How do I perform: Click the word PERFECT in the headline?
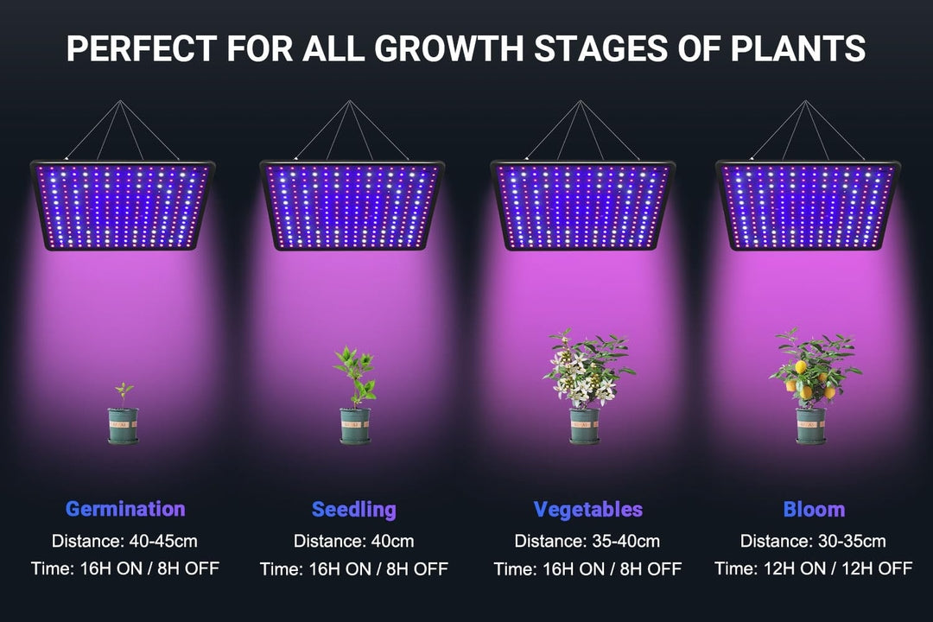(142, 48)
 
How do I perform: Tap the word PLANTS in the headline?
(798, 48)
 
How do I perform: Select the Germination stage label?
(125, 509)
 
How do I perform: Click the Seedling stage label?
(354, 510)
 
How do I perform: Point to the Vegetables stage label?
(588, 510)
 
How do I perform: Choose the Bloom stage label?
(814, 510)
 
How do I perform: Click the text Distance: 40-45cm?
(124, 541)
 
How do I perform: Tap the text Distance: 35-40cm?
(587, 541)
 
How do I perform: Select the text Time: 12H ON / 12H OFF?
(814, 568)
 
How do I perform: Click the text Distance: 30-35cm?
(813, 541)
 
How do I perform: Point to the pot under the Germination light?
(124, 426)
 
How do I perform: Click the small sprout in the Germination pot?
(124, 395)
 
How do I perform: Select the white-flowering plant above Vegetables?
(587, 369)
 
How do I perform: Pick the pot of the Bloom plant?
(811, 426)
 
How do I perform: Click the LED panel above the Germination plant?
(123, 206)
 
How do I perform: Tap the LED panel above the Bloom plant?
(808, 206)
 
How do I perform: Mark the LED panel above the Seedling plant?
(352, 206)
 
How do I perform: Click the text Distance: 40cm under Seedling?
(353, 541)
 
